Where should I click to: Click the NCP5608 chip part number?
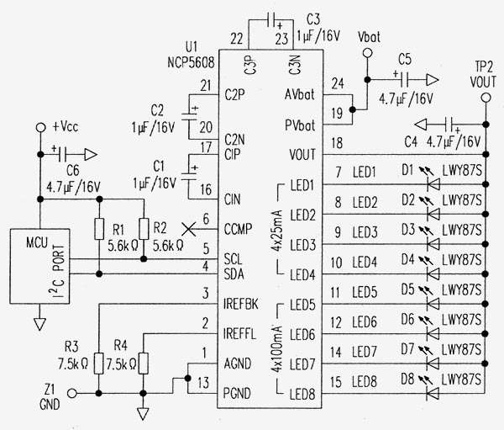pos(191,62)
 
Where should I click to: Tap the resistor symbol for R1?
pos(99,229)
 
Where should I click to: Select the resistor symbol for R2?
pos(144,229)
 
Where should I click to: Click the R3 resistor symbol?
pos(98,364)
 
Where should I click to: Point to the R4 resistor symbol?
pos(144,364)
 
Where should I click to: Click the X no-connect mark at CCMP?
pos(189,229)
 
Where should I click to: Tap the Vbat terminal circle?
pos(367,53)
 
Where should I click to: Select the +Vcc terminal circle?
pos(40,128)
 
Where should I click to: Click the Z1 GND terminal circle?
pos(72,393)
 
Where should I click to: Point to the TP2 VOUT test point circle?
pos(486,98)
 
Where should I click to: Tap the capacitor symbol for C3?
pos(271,21)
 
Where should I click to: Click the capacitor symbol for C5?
pos(405,80)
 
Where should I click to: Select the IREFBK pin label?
pos(241,304)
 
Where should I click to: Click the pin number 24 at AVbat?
pos(338,84)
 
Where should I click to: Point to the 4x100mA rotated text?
pos(276,349)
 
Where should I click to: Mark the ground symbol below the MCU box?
pos(39,324)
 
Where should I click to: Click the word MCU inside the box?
pos(37,242)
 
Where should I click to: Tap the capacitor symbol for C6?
pos(62,155)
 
